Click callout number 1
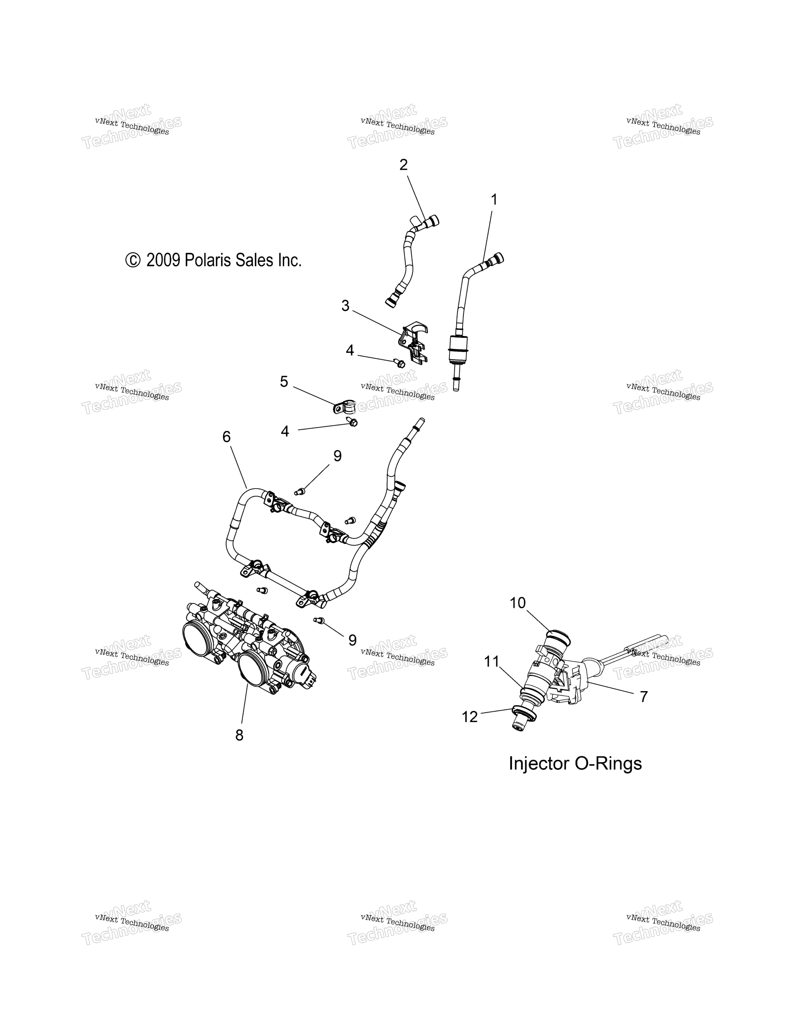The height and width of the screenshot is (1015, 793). click(x=494, y=200)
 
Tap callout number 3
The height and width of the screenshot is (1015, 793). click(x=345, y=306)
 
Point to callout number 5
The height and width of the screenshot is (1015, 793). click(x=284, y=382)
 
